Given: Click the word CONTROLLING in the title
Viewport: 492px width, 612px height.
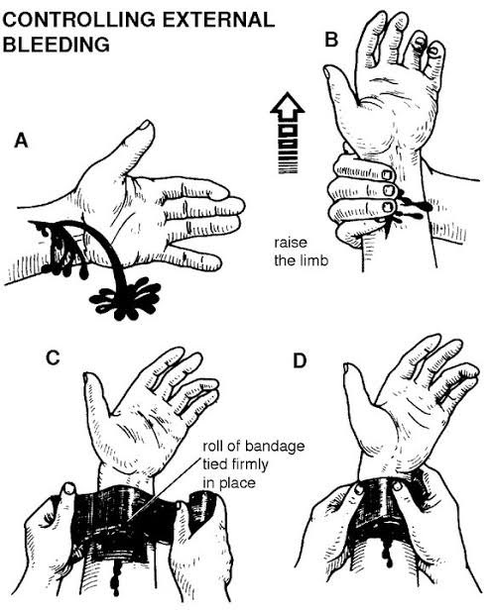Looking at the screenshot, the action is coord(78,20).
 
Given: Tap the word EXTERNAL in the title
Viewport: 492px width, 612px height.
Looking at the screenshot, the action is coord(218,20).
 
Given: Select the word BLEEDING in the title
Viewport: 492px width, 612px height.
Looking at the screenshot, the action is coord(57,45).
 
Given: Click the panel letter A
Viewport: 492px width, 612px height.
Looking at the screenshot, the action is coord(21,141).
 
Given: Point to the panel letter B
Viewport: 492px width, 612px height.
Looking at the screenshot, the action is coord(331,40).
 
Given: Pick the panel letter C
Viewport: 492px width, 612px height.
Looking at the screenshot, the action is coord(53,357).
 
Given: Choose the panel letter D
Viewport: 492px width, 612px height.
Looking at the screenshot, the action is coord(300,360).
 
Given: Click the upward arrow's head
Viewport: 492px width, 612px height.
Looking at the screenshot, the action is coord(288,105).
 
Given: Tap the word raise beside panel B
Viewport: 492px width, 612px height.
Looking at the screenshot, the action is coord(291,243).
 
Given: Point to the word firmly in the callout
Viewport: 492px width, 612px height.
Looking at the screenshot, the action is coord(248,464).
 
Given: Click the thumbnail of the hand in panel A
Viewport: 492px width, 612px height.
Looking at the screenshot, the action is coord(146,125).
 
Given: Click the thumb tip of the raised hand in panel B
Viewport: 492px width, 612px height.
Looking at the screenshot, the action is coord(328,71).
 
